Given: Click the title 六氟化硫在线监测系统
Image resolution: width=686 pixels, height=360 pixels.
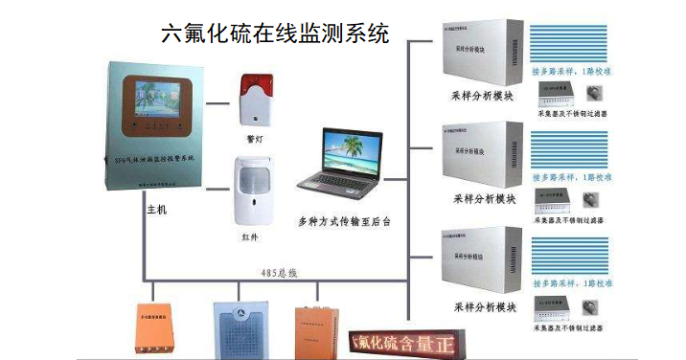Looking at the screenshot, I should tap(276, 35).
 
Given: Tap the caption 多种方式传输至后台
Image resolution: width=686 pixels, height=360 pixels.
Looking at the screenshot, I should tap(344, 221).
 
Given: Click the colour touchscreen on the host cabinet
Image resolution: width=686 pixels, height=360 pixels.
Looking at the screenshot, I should tap(156, 102).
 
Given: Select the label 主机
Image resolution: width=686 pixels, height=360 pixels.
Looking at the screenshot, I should tap(156, 208).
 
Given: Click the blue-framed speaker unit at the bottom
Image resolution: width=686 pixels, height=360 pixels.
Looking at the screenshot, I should tap(239, 330).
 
